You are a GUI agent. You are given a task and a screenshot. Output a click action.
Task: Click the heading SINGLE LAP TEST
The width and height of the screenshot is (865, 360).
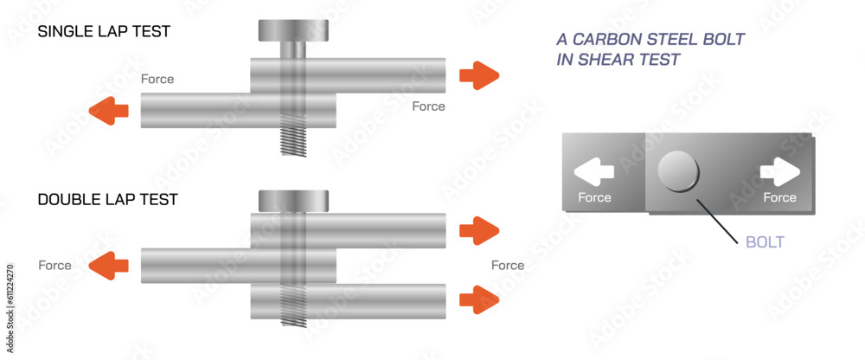pos(104,32)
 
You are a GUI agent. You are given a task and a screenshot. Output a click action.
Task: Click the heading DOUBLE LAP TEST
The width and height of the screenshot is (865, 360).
pos(108,200)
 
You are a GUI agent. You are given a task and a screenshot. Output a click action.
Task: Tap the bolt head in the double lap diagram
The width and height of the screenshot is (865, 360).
pos(294,200)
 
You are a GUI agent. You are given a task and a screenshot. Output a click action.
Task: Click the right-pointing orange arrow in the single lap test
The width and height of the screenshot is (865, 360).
pos(479,75)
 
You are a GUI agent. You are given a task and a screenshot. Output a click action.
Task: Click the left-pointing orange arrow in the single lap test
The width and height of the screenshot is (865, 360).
pos(108,111)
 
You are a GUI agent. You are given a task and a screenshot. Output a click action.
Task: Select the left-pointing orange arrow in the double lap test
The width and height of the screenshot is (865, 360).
pos(108,265)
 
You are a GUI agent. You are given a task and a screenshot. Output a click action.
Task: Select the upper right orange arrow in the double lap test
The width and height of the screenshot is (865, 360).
pos(479,230)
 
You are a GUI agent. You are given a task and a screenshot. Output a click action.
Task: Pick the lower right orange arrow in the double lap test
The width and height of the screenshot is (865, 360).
pos(479,300)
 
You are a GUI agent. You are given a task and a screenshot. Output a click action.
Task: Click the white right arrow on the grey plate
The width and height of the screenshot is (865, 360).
pos(779,172)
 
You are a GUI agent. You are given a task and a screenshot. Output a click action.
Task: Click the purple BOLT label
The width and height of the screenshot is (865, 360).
pos(765,242)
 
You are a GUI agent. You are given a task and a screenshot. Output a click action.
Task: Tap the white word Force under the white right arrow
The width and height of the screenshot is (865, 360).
pos(779,197)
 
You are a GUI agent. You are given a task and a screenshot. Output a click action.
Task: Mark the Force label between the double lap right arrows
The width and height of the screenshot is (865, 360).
pos(508,265)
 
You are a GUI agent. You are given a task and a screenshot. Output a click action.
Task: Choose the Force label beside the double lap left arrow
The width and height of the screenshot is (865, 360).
pos(54,265)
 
